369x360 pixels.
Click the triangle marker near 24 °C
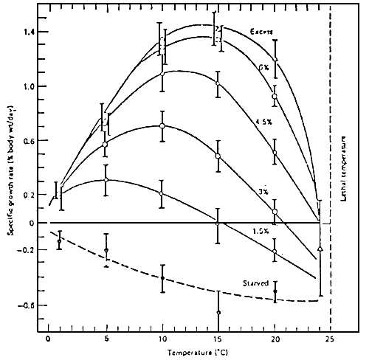320,249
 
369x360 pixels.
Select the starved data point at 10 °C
162,278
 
